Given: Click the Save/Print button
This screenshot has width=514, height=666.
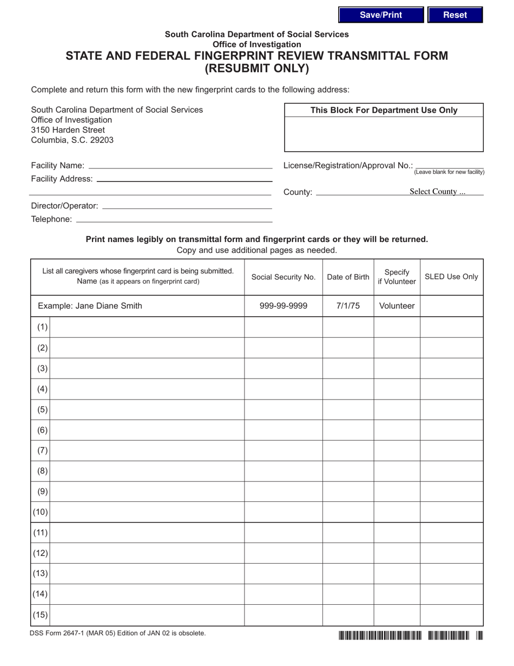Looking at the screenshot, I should [381, 15].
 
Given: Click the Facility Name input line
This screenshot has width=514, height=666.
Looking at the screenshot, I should [180, 165].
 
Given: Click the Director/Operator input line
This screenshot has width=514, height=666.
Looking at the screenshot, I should [187, 205].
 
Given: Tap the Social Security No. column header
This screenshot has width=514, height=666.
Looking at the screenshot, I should [284, 277].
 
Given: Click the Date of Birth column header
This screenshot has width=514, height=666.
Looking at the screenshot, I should [348, 277].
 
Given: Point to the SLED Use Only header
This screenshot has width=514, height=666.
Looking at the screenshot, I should [451, 277].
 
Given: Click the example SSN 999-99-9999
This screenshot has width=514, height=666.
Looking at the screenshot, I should [284, 306].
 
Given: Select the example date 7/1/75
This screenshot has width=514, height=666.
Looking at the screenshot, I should [348, 306].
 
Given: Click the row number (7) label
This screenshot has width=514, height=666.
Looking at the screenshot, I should [42, 450].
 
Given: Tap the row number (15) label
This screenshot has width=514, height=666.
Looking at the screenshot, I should [41, 615].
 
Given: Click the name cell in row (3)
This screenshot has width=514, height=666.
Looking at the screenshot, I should [147, 368].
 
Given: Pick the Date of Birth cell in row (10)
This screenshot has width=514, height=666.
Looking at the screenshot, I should [348, 512].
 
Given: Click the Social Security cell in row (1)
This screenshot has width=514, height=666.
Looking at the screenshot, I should [284, 327].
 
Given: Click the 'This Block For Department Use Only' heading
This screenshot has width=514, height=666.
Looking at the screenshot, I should [384, 110].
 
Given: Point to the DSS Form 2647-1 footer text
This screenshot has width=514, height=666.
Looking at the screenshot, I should [118, 633].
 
